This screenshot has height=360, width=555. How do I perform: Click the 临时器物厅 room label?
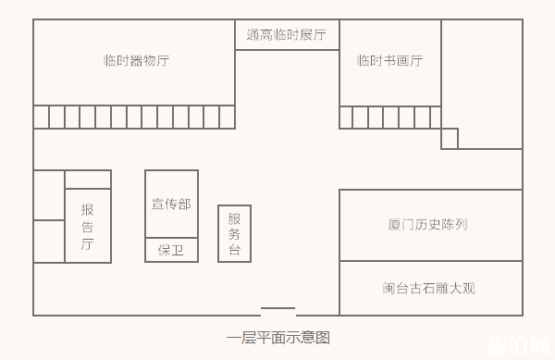(136, 61)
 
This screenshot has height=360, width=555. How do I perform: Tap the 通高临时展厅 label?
(287, 35)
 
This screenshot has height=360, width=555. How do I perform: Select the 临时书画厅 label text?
(389, 61)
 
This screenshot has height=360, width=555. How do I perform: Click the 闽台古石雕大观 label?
(428, 288)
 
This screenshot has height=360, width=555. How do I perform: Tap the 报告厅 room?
(88, 226)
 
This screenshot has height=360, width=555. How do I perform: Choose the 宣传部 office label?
(171, 204)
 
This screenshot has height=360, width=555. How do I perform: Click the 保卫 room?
(171, 250)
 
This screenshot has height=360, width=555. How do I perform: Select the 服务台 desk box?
(234, 233)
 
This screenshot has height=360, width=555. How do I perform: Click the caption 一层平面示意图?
(277, 338)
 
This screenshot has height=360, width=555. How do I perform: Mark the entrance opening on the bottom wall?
(277, 312)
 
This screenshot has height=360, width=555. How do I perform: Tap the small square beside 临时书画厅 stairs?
(450, 138)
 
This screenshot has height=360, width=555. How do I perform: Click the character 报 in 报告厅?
(88, 209)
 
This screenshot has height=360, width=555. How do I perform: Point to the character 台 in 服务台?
(234, 250)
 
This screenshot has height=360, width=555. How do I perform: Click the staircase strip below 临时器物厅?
(134, 117)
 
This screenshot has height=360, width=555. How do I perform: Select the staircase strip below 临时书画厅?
(389, 118)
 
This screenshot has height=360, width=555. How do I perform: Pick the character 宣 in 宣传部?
(158, 204)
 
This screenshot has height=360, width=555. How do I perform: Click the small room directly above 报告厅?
(88, 180)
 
